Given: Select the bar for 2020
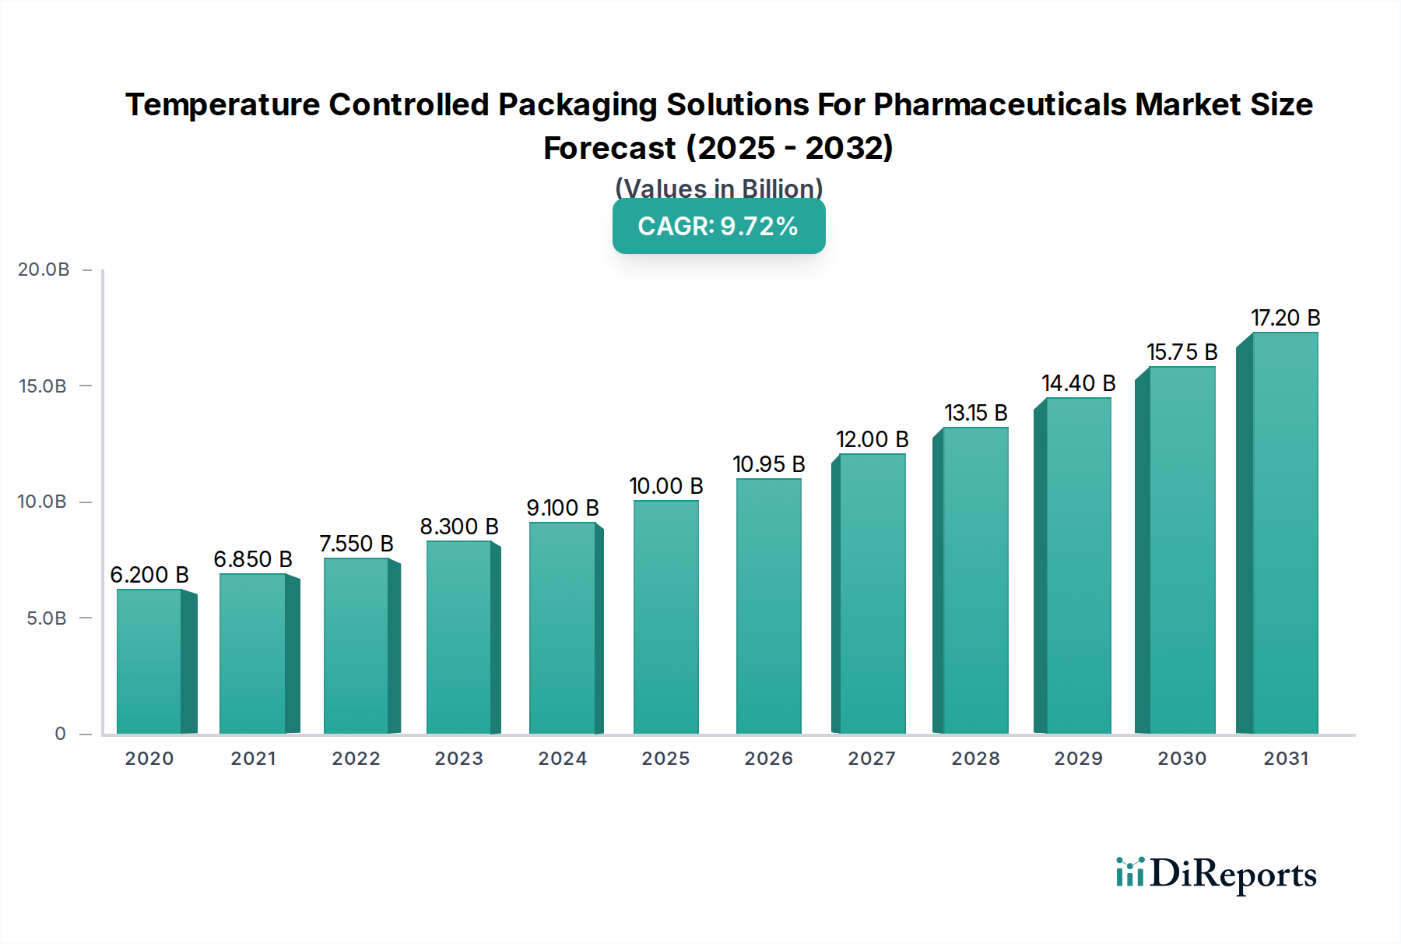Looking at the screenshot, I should click(149, 662).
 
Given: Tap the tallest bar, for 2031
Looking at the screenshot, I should click(1284, 534).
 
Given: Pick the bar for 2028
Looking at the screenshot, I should click(975, 580).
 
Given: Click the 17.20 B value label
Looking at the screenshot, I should click(1285, 318).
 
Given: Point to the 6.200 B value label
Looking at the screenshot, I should click(149, 575).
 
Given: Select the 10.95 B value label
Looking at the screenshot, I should click(768, 464).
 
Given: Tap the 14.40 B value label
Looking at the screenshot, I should click(1078, 383).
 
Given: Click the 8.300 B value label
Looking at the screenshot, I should click(458, 527).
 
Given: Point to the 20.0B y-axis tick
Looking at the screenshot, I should click(44, 269).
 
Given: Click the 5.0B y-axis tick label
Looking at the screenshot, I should click(47, 618).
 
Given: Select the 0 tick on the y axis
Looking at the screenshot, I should click(60, 734).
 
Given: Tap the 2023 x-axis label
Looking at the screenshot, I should click(458, 759).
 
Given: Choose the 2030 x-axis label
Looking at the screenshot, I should click(1182, 759).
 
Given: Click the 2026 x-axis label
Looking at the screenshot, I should click(768, 759).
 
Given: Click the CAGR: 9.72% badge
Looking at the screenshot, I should click(718, 227).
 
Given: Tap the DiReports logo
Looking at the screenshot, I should click(1216, 874).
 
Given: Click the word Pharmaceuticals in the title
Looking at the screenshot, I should click(1000, 104).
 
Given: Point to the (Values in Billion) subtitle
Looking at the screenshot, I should click(718, 188).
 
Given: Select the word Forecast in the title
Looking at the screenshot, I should click(609, 148).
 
